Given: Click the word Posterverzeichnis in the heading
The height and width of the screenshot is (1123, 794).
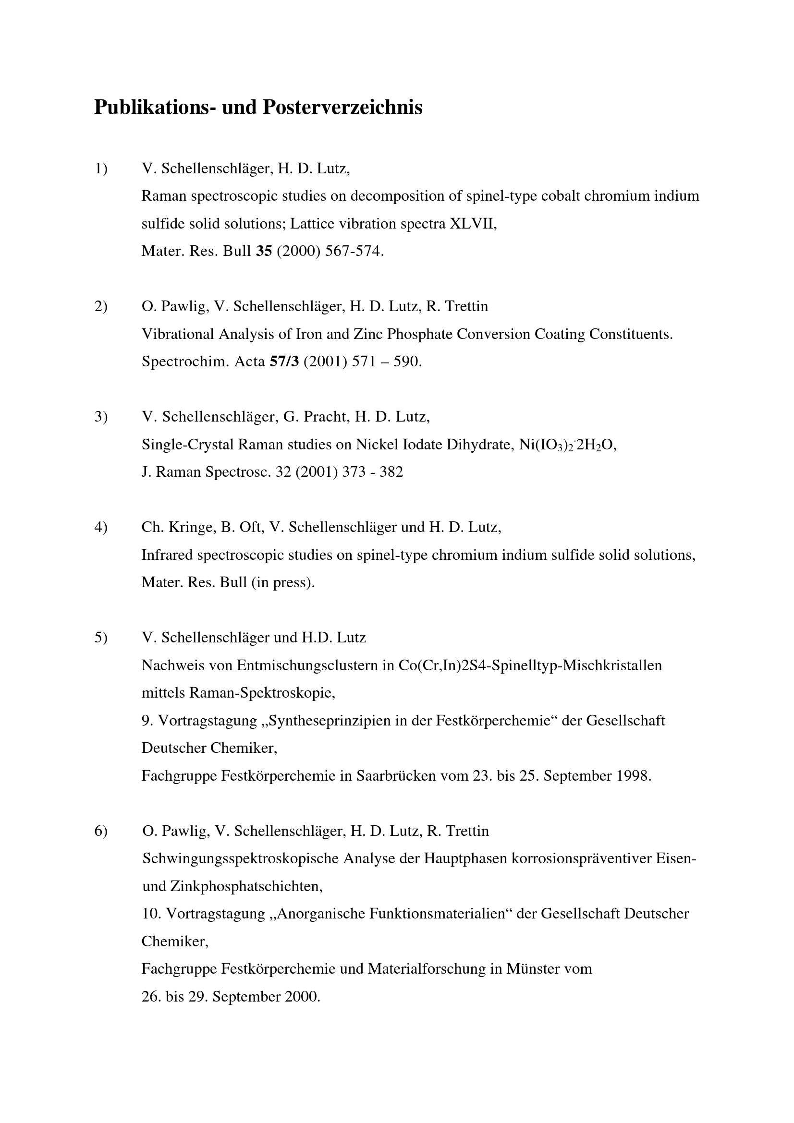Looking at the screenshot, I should click(342, 107).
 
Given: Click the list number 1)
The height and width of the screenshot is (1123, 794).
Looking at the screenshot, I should click(101, 169).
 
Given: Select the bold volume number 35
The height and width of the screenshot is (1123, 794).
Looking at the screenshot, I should click(264, 252).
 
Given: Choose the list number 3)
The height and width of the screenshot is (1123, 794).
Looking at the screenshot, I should click(101, 417).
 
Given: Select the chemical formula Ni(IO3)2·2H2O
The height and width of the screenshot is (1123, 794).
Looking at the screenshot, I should click(567, 445).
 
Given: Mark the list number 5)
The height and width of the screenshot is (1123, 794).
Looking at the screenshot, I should click(101, 638).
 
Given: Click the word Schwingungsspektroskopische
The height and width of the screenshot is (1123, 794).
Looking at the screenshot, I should click(240, 859).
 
